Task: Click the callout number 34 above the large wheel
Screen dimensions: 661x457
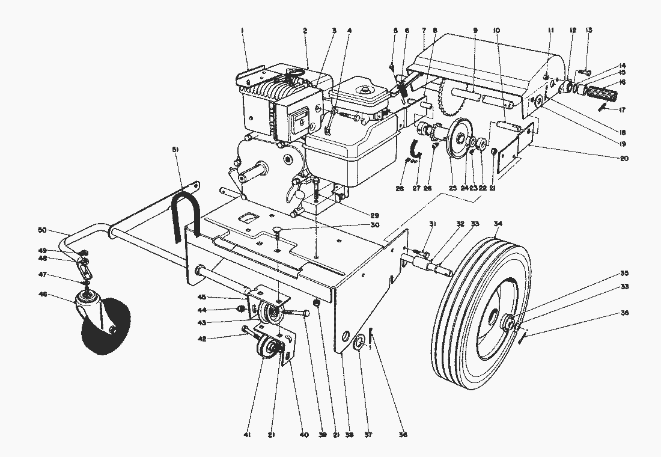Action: click(x=497, y=224)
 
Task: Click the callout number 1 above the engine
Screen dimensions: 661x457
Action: click(x=242, y=29)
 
